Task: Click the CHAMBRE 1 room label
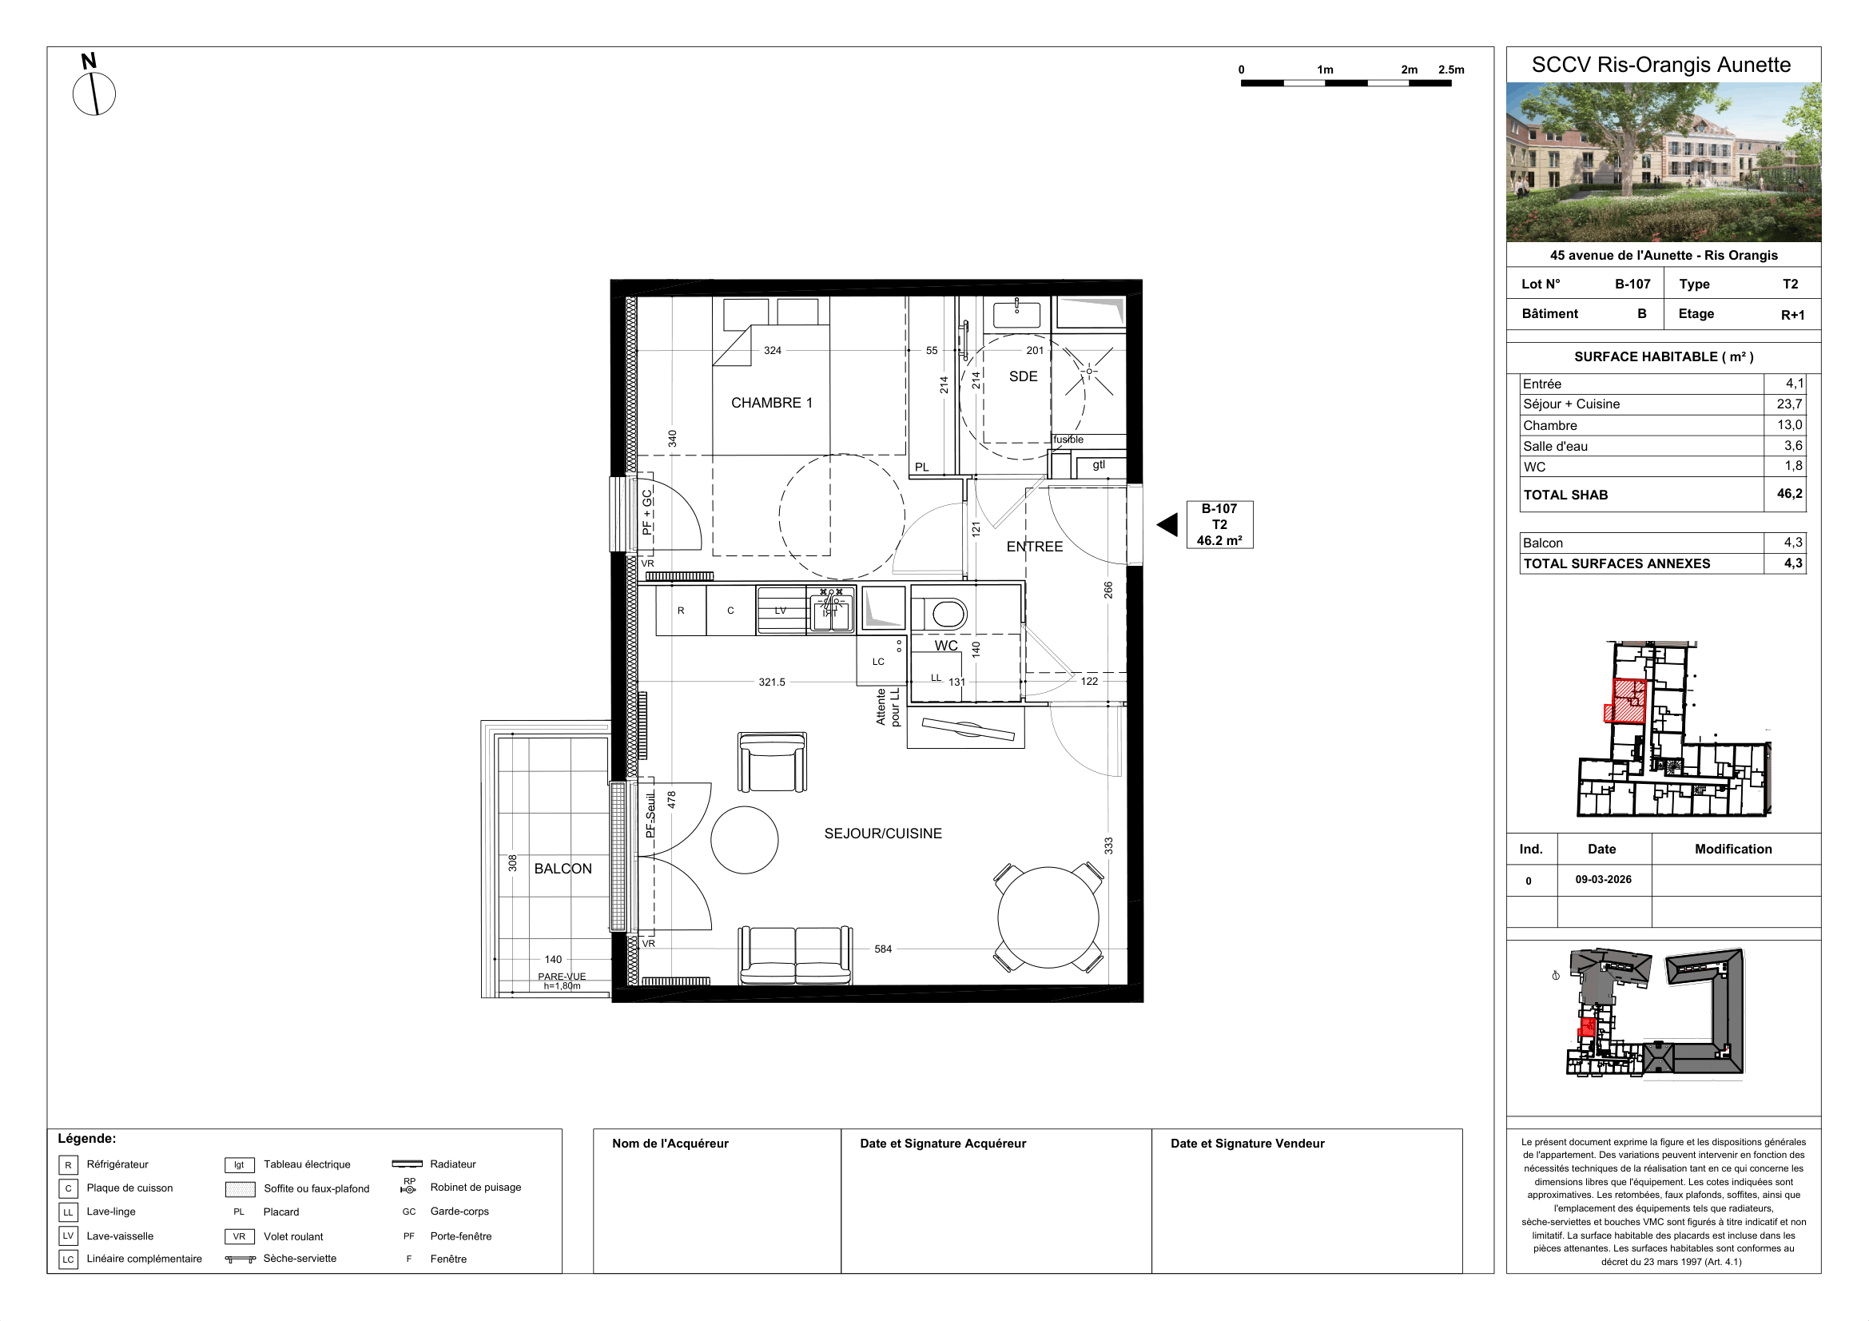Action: click(x=772, y=403)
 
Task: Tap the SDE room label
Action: click(x=1024, y=377)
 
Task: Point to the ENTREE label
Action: click(x=1035, y=547)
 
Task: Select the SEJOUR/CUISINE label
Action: click(x=883, y=834)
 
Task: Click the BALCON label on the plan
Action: click(x=563, y=869)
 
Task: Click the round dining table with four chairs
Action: click(x=1048, y=917)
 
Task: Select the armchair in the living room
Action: click(x=772, y=762)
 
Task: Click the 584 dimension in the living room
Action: click(x=883, y=949)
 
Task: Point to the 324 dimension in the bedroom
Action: click(x=773, y=351)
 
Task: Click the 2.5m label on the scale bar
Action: click(x=1451, y=70)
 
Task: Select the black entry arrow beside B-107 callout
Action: click(x=1167, y=525)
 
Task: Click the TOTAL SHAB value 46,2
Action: click(x=1789, y=494)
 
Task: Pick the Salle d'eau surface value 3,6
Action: click(x=1793, y=446)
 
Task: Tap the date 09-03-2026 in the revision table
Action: click(x=1603, y=880)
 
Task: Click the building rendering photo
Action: click(x=1663, y=162)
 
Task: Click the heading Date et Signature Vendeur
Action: click(x=1247, y=1144)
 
